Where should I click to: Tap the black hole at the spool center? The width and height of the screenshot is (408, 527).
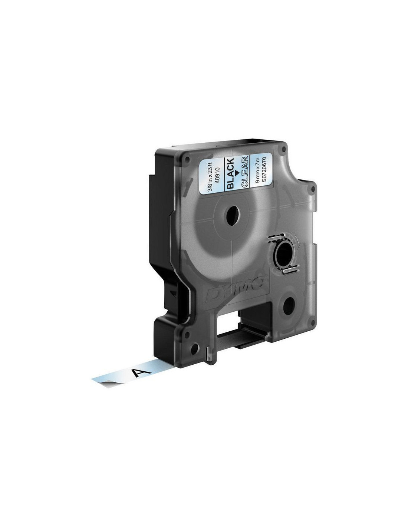[233, 216]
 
